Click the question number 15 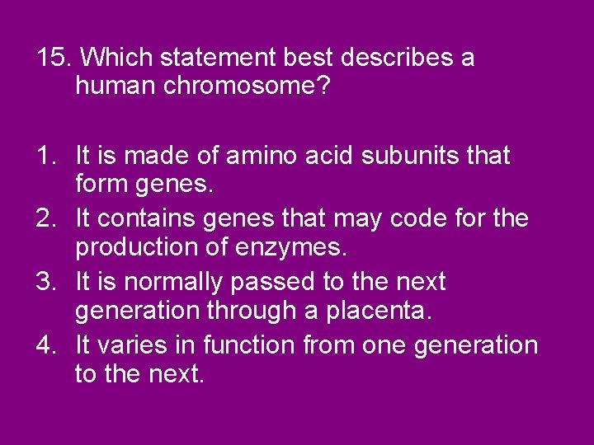[x=54, y=59]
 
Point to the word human [x=111, y=85]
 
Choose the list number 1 [x=46, y=155]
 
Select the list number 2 [x=46, y=218]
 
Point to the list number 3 [x=46, y=282]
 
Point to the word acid [x=322, y=155]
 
